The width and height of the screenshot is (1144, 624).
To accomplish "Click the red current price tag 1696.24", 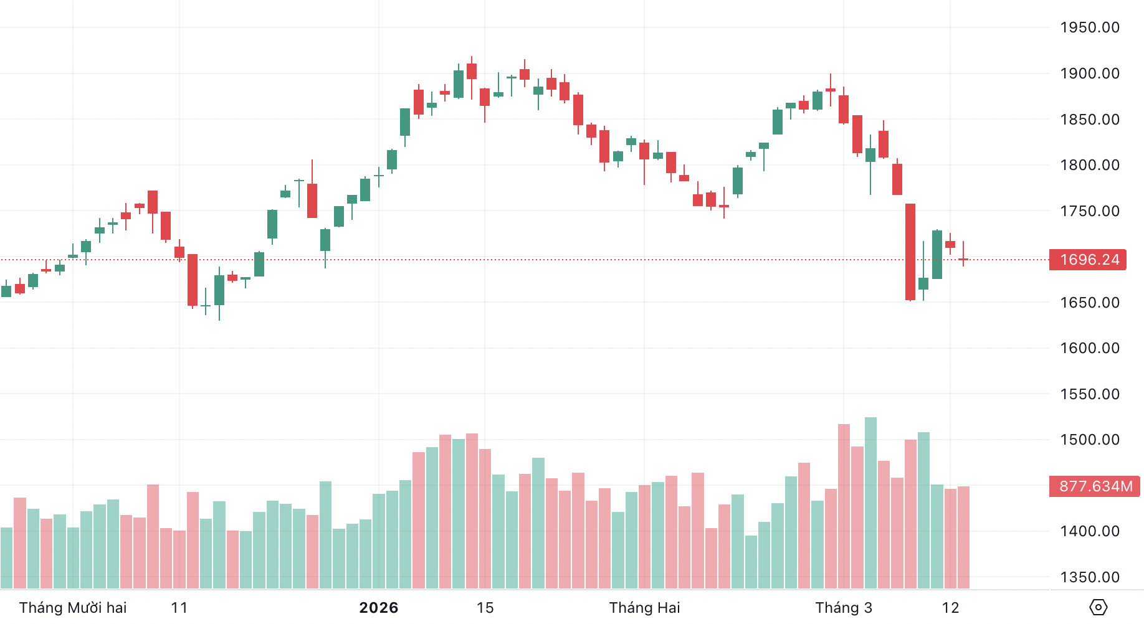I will (x=1089, y=260).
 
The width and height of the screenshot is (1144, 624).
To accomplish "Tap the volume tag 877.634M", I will (x=1095, y=486).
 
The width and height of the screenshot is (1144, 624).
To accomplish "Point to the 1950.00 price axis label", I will (x=1089, y=27).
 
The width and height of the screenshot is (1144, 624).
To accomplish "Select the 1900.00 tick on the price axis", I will (x=1089, y=73).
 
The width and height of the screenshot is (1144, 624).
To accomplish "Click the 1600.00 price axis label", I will (x=1089, y=348).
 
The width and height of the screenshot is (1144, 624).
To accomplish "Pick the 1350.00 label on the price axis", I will (x=1089, y=577).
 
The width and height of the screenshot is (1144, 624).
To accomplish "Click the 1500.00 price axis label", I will (x=1089, y=440).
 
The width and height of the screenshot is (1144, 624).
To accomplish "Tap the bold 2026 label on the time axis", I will (x=379, y=608).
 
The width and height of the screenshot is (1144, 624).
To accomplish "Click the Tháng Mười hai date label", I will (x=73, y=608).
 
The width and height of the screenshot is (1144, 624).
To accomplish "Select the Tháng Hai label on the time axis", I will (x=644, y=608).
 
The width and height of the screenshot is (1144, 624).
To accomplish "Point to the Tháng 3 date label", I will (x=844, y=608).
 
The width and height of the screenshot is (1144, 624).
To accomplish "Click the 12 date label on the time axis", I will (x=950, y=608).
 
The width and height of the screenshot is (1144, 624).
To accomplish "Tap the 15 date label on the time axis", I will (x=485, y=608).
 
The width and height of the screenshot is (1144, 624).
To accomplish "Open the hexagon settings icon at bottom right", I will (x=1098, y=607).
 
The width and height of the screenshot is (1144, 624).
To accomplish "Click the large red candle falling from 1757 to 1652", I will (x=910, y=252).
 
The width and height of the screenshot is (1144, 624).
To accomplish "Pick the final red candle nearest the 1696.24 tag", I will (x=963, y=259).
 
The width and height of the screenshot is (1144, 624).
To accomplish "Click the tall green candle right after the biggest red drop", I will (x=937, y=255).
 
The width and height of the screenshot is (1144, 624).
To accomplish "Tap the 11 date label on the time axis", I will (x=179, y=608).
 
